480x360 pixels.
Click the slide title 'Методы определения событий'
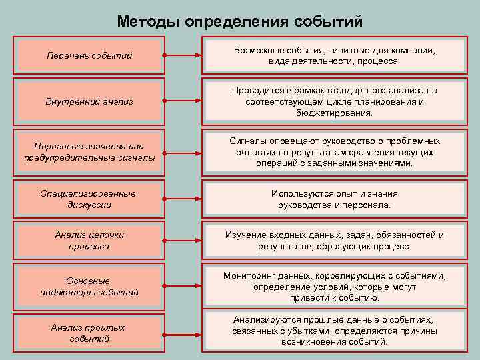pyautogui.click(x=240, y=21)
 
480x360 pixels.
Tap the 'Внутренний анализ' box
pyautogui.click(x=89, y=101)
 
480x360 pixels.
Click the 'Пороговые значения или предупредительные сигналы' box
pyautogui.click(x=89, y=152)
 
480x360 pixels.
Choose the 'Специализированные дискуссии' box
pyautogui.click(x=89, y=199)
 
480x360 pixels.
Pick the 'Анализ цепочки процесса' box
pyautogui.click(x=89, y=241)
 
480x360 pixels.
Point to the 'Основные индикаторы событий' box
pyautogui.click(x=89, y=286)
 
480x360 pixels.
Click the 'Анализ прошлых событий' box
pyautogui.click(x=89, y=333)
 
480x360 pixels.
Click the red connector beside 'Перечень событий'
pyautogui.click(x=184, y=55)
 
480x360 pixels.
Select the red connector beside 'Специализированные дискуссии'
pyautogui.click(x=184, y=199)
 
